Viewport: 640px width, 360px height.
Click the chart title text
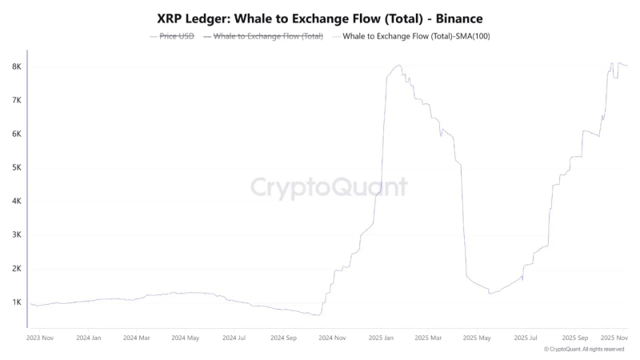320,17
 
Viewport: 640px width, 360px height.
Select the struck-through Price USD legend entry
172,37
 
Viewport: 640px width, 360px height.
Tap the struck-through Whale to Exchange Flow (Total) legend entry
264,37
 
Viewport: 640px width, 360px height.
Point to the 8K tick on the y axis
16,67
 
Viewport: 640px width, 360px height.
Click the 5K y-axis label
16,168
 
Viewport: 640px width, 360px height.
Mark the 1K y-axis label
16,302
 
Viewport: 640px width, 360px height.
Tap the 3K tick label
16,235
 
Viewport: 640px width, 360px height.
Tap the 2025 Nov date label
614,338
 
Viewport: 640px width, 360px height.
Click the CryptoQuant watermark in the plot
329,187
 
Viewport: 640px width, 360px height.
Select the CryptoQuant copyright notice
583,350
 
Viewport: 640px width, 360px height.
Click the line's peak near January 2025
398,66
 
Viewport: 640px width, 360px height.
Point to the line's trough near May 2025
490,293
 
